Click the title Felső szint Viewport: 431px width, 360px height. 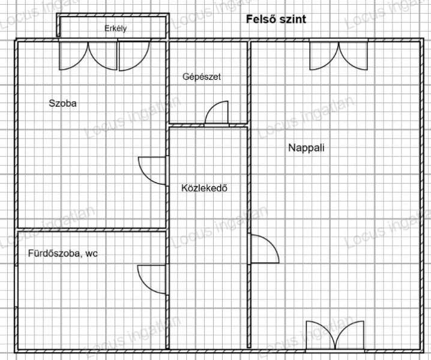tap(276, 19)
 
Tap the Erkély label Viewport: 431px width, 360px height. tap(115, 29)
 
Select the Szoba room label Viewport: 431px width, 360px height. tap(62, 103)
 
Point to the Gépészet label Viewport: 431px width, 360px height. tap(202, 77)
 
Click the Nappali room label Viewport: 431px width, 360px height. tap(306, 148)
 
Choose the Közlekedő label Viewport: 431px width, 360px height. tap(204, 188)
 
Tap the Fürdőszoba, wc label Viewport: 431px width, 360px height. tap(62, 253)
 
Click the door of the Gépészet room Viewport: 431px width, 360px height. tap(217, 113)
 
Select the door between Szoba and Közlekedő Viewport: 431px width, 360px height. tap(152, 170)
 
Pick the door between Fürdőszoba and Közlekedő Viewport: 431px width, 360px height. tap(152, 280)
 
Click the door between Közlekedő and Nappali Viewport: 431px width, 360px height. tap(265, 249)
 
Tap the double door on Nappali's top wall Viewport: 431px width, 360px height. tap(339, 55)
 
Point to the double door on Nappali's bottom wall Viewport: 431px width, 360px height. tap(335, 336)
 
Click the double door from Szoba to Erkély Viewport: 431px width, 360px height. tap(88, 55)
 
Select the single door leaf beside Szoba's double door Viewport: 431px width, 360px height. tap(134, 55)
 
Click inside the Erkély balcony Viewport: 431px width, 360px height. tap(113, 27)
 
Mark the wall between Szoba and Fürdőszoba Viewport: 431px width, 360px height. tap(91, 230)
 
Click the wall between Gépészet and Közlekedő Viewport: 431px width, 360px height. tap(208, 125)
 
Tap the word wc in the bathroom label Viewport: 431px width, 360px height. tap(91, 254)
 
